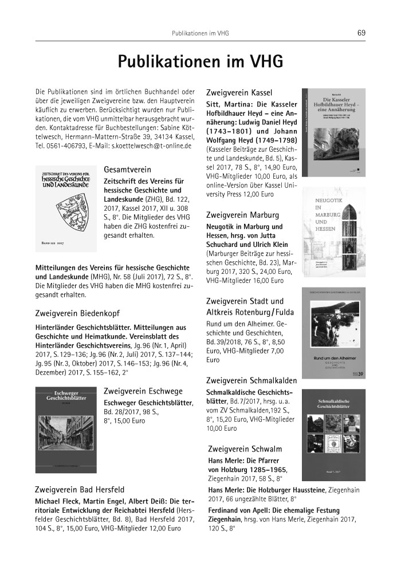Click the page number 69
click(361, 33)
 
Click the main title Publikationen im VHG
click(200, 62)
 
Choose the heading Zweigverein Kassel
click(239, 92)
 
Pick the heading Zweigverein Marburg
click(242, 215)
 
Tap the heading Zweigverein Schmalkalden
click(251, 380)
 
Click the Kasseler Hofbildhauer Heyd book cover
click(333, 132)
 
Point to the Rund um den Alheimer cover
click(333, 332)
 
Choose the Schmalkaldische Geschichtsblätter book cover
click(333, 435)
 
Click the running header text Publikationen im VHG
click(200, 33)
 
